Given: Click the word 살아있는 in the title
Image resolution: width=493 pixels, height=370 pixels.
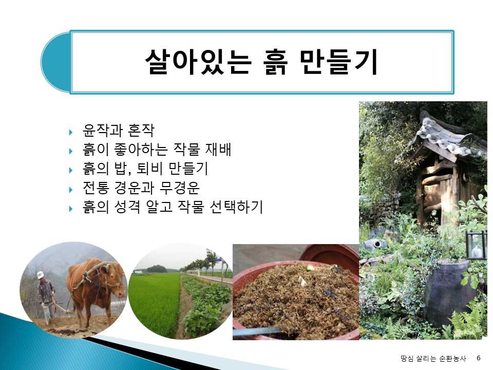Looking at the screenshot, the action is point(198,62).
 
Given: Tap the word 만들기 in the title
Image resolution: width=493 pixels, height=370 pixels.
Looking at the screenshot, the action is point(338,62).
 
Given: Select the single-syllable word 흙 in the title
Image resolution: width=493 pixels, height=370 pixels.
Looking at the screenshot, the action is point(275,62).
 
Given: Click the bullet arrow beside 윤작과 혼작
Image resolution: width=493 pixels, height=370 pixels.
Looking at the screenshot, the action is point(71,132).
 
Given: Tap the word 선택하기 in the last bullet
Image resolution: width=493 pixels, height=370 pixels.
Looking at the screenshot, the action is point(236,207).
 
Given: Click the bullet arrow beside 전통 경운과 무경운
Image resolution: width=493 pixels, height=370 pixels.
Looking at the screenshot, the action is point(71,190).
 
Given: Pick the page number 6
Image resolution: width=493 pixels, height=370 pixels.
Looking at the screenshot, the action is point(479,358).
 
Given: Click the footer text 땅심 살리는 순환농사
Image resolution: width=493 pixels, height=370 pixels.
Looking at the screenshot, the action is point(433,358).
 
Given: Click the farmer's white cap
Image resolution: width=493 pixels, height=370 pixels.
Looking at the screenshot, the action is point(41,274).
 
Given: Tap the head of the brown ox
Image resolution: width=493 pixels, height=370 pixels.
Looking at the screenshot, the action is point(115,280).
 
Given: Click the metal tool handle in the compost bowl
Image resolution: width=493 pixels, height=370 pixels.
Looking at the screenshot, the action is point(256,331).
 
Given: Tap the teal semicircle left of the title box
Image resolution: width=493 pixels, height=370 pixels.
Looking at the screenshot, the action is point(55,62).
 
